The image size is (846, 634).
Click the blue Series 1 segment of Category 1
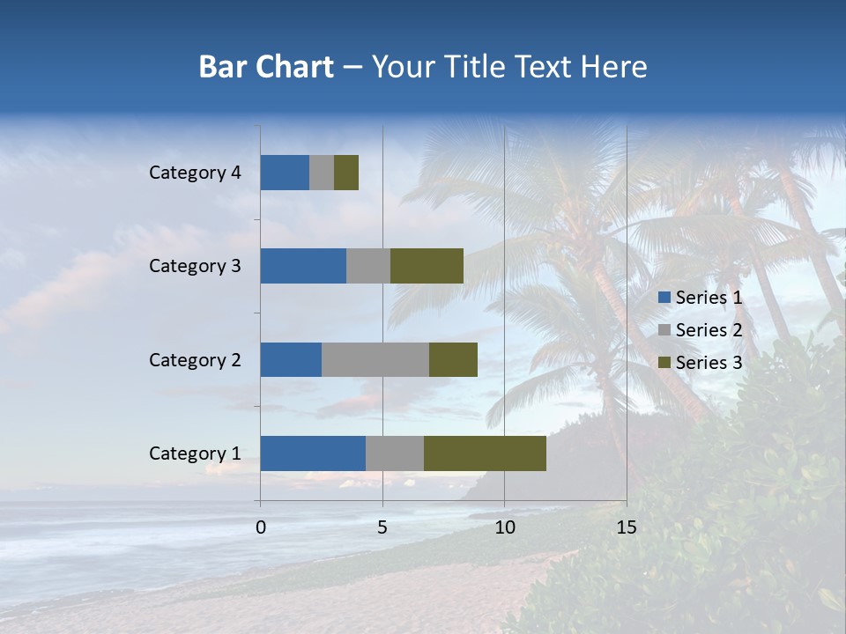[x=313, y=453]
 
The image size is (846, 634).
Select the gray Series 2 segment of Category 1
[x=395, y=453]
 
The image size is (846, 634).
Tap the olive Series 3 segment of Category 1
[x=485, y=453]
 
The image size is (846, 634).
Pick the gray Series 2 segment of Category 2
[x=375, y=359]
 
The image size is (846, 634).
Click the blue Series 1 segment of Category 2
[x=291, y=359]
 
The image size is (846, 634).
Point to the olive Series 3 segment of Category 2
[x=453, y=359]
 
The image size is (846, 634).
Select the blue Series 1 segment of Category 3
[x=303, y=266]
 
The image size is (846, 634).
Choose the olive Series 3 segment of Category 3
[x=427, y=266]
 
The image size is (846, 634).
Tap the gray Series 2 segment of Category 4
[x=322, y=173]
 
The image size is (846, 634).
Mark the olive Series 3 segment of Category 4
[x=346, y=173]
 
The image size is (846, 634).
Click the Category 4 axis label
[x=195, y=173]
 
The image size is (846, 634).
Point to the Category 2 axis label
[x=195, y=359]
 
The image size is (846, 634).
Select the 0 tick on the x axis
[x=261, y=527]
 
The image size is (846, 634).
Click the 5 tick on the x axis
[x=382, y=527]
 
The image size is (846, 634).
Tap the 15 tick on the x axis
[x=626, y=527]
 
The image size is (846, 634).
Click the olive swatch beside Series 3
[x=664, y=363]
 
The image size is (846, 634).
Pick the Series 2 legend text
[x=709, y=330]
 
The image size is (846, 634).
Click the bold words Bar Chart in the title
[x=266, y=66]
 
